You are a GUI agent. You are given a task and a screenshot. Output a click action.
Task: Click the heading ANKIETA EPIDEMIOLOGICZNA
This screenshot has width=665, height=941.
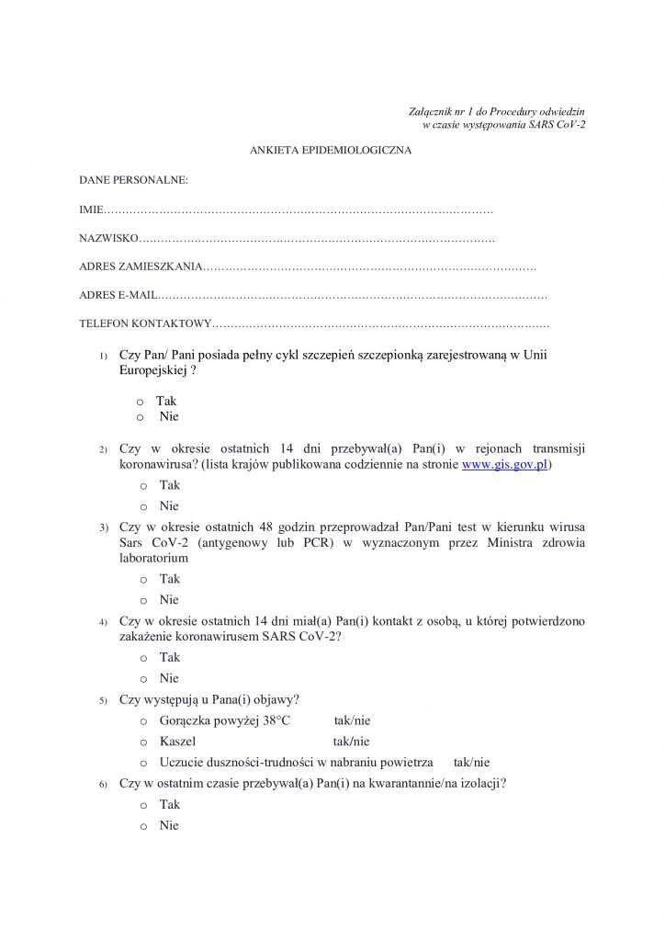pyautogui.click(x=331, y=150)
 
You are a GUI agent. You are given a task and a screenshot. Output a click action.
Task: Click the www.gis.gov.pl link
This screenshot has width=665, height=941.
pyautogui.click(x=504, y=465)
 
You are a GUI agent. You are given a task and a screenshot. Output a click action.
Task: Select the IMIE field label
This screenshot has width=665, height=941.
pyautogui.click(x=92, y=210)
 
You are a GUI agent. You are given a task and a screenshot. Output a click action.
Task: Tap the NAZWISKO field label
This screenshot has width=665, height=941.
pyautogui.click(x=108, y=239)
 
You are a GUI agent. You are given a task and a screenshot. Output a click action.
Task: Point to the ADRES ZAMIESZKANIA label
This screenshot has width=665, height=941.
pyautogui.click(x=140, y=267)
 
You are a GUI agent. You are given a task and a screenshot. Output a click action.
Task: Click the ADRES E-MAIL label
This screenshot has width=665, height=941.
pyautogui.click(x=118, y=296)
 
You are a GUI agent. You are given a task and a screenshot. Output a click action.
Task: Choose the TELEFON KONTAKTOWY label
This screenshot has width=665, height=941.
pyautogui.click(x=145, y=324)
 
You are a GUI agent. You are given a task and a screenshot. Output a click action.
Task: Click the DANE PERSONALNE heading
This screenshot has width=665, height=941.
pyautogui.click(x=133, y=180)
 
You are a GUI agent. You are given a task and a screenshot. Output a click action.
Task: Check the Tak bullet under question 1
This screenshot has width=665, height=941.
pyautogui.click(x=140, y=402)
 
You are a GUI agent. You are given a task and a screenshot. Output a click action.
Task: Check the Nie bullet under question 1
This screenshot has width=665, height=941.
pyautogui.click(x=140, y=417)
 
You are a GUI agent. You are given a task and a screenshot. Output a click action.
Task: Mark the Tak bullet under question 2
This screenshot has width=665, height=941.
pyautogui.click(x=143, y=486)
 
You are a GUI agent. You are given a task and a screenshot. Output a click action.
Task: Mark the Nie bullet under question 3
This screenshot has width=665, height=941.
pyautogui.click(x=143, y=601)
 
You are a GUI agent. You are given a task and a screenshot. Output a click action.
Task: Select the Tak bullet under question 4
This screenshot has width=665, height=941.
pyautogui.click(x=143, y=658)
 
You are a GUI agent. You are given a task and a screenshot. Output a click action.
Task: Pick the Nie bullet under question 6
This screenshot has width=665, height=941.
pyautogui.click(x=143, y=826)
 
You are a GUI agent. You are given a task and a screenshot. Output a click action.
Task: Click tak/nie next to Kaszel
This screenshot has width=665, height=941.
pyautogui.click(x=351, y=742)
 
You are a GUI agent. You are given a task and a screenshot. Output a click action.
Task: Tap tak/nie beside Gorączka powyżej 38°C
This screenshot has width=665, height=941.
pyautogui.click(x=352, y=720)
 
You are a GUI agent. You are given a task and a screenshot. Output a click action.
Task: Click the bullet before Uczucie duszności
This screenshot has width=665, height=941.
pyautogui.click(x=143, y=763)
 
